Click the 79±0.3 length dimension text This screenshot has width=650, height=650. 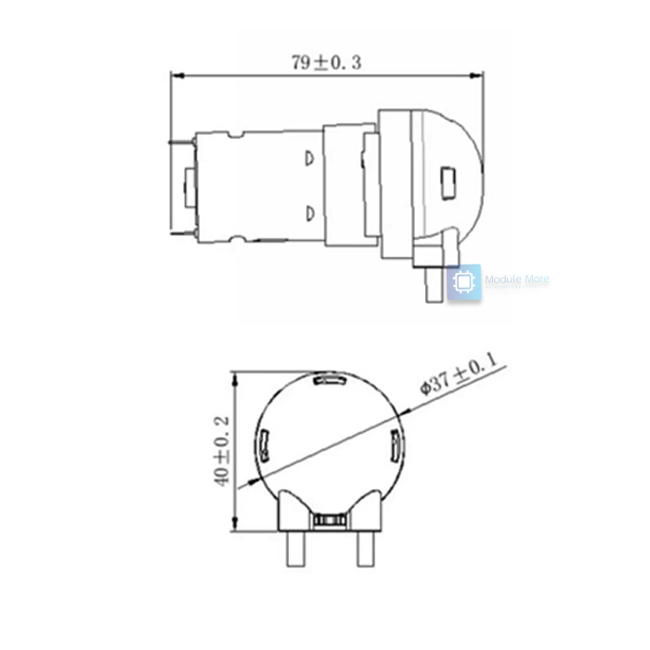coord(325,63)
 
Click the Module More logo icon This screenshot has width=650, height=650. coord(464,282)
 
